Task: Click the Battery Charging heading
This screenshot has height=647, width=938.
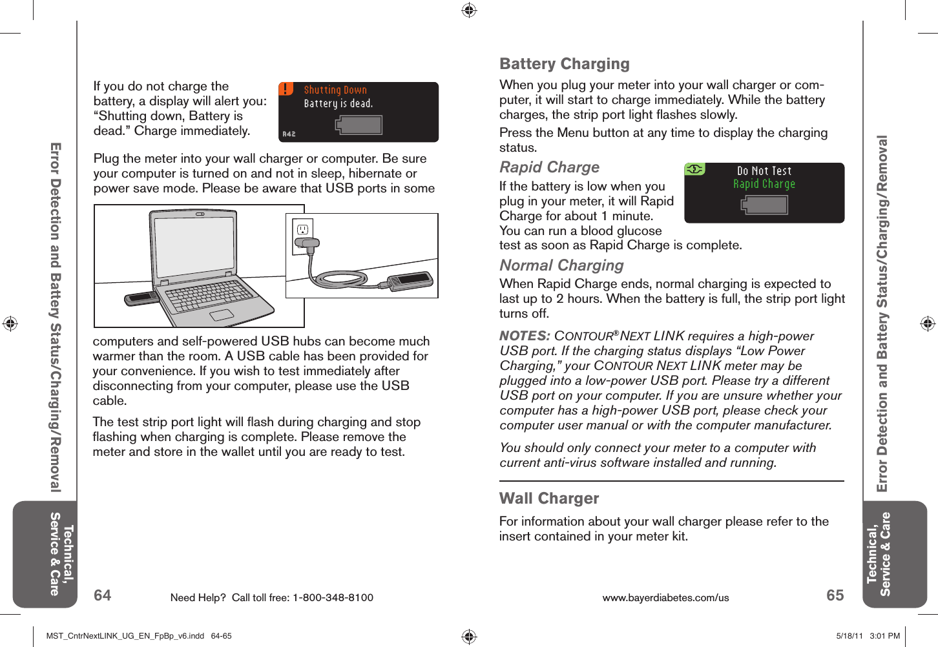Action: (x=564, y=64)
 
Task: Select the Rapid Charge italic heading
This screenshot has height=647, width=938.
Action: (x=549, y=167)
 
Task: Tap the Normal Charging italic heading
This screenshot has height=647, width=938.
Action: (x=561, y=265)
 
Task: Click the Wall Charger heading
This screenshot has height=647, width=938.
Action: (x=549, y=498)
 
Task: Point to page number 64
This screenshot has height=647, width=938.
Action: (x=103, y=595)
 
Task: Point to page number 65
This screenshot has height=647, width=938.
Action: (x=835, y=595)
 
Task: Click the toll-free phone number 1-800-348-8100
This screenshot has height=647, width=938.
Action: (x=333, y=598)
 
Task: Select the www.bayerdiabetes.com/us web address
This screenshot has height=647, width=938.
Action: (x=665, y=598)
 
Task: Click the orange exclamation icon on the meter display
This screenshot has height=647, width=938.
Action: (x=286, y=89)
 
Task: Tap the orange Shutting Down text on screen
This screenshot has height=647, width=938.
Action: (x=335, y=90)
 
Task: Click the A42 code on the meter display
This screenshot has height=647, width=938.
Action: (x=289, y=134)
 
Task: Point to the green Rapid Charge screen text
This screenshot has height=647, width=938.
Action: (x=764, y=184)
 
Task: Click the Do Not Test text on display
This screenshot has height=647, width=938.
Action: (x=764, y=171)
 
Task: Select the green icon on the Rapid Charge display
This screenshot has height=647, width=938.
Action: (x=694, y=169)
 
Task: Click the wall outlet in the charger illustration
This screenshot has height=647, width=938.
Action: (x=302, y=229)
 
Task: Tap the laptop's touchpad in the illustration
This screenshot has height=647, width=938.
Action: (x=221, y=314)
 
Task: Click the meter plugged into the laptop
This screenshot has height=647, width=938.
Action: (x=140, y=298)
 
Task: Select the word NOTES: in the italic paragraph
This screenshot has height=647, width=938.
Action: (x=525, y=336)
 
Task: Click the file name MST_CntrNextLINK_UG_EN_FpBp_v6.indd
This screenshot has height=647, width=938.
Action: (x=125, y=636)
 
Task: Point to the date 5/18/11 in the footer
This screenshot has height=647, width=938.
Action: (x=849, y=636)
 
